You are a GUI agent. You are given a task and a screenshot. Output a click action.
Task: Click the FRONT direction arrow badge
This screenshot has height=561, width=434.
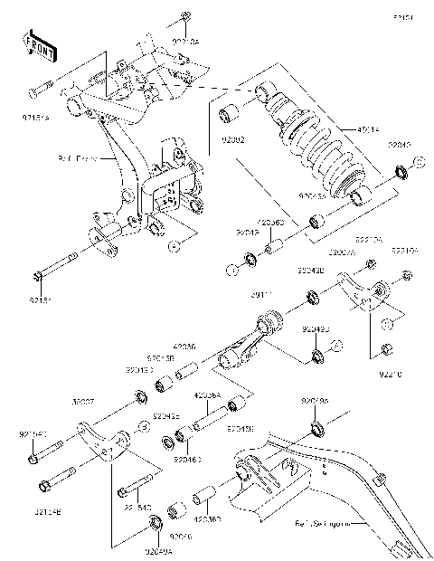tap(40, 45)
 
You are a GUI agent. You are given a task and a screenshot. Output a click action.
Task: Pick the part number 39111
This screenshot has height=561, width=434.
tap(262, 294)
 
